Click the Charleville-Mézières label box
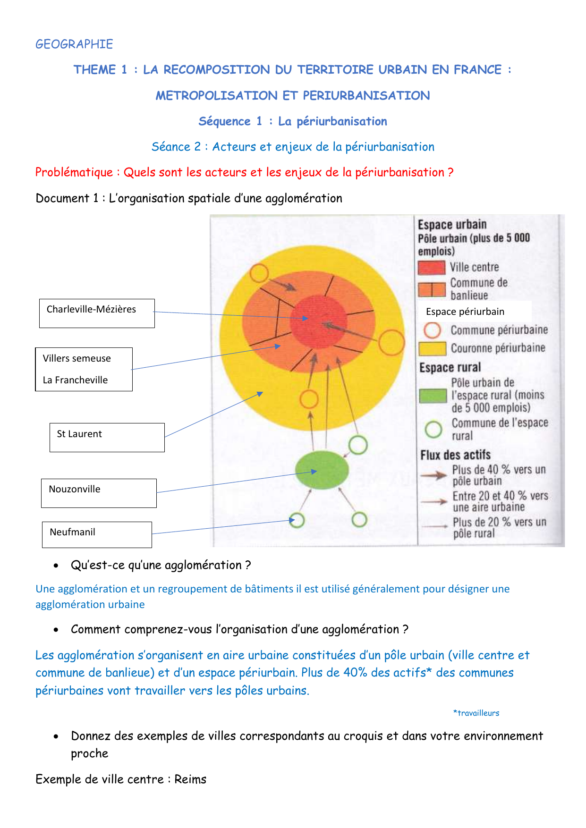pyautogui.click(x=97, y=313)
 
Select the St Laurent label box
pyautogui.click(x=107, y=437)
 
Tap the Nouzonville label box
pyautogui.click(x=99, y=493)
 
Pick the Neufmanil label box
pyautogui.click(x=97, y=534)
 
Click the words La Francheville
pyautogui.click(x=75, y=380)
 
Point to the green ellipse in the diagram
pyautogui.click(x=322, y=470)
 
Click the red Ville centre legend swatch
pyautogui.click(x=431, y=268)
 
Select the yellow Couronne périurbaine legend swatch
pyautogui.click(x=432, y=348)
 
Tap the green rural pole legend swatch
pyautogui.click(x=433, y=396)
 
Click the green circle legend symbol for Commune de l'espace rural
pyautogui.click(x=433, y=429)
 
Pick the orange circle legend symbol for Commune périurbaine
pyautogui.click(x=432, y=330)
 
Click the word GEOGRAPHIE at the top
pyautogui.click(x=74, y=44)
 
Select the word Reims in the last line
pyautogui.click(x=190, y=779)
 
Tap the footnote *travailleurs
pyautogui.click(x=476, y=713)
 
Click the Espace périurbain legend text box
pyautogui.click(x=475, y=312)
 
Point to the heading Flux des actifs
pyautogui.click(x=455, y=455)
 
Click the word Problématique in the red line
pyautogui.click(x=74, y=172)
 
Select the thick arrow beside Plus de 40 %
pyautogui.click(x=433, y=475)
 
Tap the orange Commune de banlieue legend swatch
pyautogui.click(x=432, y=289)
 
